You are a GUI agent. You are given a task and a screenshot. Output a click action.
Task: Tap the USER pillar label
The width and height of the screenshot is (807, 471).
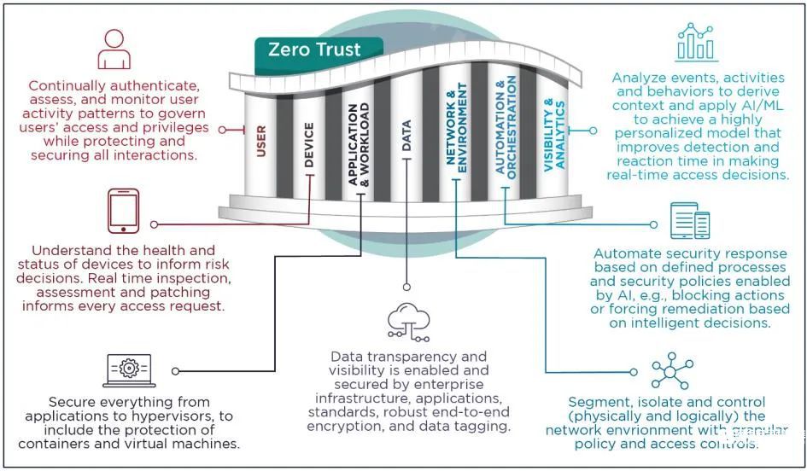pos(261,141)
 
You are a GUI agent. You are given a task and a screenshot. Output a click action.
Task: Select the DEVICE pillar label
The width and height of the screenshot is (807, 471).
pos(309,144)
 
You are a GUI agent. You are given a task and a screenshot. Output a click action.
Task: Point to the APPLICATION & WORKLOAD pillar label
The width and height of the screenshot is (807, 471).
pos(359,144)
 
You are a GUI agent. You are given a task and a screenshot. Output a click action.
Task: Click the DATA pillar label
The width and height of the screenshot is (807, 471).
pos(406,135)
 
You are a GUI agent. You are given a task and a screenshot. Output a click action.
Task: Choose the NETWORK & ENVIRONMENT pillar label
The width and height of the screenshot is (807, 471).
pos(456,128)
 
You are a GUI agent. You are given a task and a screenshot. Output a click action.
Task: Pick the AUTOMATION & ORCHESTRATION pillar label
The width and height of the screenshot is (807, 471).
pos(506,127)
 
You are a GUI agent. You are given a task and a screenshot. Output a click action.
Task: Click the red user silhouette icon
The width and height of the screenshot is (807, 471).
pos(114,49)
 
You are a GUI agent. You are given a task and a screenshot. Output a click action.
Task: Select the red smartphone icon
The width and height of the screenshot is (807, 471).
pos(124,211)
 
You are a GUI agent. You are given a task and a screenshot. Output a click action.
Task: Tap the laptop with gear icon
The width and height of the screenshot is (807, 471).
pos(129,370)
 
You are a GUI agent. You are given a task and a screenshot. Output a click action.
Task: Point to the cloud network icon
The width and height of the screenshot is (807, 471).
pos(409,323)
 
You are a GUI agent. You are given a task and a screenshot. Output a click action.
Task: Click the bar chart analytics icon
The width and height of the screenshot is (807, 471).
pos(696,42)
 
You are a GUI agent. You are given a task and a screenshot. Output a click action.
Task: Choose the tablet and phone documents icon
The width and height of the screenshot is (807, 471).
pos(690,221)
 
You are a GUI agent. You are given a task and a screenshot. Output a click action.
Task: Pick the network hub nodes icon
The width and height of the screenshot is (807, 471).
pos(671,370)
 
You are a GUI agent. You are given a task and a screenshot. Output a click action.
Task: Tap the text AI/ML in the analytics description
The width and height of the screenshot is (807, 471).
pos(761,106)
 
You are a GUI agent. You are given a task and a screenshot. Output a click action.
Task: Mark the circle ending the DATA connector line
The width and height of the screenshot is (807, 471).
pos(406,288)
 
